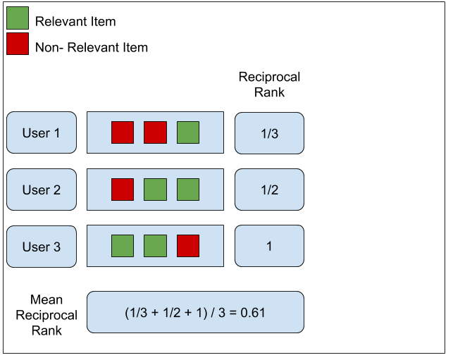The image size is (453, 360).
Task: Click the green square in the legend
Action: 18,18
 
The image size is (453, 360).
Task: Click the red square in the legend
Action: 18,44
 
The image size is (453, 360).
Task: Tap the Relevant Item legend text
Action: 75,21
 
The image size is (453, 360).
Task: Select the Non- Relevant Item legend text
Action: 91,47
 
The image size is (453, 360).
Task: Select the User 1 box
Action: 42,132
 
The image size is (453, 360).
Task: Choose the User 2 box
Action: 42,190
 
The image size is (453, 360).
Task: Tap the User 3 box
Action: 42,247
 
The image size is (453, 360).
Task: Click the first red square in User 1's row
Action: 123,132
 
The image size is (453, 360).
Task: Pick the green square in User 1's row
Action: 188,132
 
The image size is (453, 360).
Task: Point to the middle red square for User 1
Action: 155,132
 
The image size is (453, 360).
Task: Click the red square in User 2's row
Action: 123,190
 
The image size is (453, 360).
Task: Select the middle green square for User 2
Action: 155,190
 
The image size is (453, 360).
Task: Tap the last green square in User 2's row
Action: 188,190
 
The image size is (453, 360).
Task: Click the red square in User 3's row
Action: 188,246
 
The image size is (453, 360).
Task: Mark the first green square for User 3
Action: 123,246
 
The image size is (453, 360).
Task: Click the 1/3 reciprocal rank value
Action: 269,133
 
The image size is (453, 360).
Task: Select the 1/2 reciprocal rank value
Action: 269,190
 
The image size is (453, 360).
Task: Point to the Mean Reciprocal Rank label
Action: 46,316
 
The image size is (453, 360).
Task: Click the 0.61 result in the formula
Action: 253,312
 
